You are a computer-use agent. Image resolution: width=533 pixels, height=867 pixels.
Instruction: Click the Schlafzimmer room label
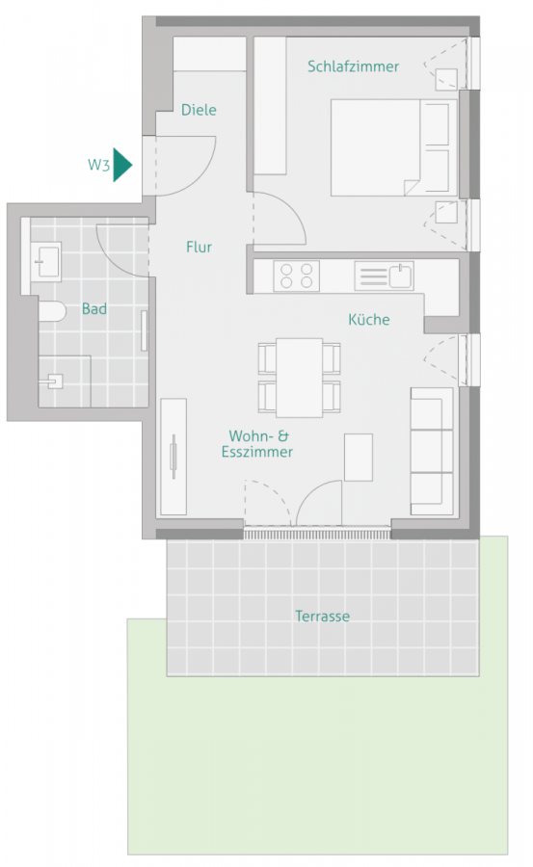tap(353, 66)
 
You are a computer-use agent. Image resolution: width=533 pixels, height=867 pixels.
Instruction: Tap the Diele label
tap(199, 110)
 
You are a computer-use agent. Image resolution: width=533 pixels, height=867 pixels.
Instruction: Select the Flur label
tap(199, 247)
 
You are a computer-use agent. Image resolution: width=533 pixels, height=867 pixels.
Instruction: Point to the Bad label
tap(94, 309)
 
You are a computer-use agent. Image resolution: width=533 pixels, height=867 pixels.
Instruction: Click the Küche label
tap(369, 319)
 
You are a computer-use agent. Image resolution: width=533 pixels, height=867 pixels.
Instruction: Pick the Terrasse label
tap(322, 617)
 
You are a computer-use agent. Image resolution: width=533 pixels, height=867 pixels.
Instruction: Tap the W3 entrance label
tap(98, 165)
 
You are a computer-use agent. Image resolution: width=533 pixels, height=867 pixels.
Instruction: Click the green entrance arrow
tap(120, 165)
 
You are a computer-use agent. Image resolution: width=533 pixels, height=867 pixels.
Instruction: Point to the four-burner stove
tap(297, 276)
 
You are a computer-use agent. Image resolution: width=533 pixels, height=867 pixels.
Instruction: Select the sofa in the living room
tap(431, 450)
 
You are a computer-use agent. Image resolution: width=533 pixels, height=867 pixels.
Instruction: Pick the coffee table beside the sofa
tap(359, 457)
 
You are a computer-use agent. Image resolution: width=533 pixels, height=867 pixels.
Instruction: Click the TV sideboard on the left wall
tap(173, 456)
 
